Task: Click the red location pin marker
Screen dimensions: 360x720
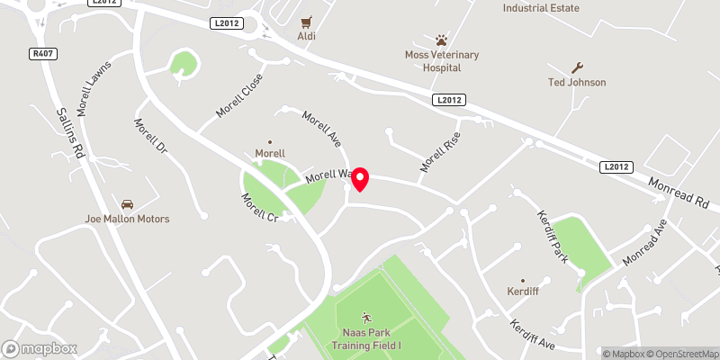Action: (x=360, y=178)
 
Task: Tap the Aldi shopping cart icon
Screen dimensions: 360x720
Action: (x=307, y=21)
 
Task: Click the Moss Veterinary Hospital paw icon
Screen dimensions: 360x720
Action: (x=441, y=40)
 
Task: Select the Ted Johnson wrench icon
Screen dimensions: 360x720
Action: (x=577, y=67)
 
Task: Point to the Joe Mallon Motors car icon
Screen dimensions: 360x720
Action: (x=127, y=204)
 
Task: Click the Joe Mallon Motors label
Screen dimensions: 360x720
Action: (x=127, y=219)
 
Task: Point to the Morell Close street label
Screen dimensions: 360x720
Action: (x=238, y=95)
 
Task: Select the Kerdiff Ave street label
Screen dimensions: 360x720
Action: (x=534, y=335)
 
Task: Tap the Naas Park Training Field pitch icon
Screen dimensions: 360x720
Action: (x=366, y=317)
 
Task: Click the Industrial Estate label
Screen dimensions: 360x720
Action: (x=541, y=8)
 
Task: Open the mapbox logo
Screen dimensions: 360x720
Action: (x=40, y=348)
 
